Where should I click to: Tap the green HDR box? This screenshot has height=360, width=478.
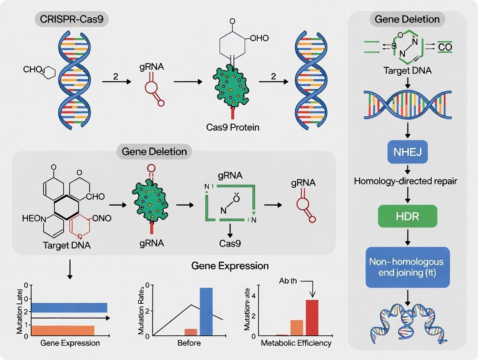tap(407, 216)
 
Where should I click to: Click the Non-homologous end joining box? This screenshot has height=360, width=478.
tap(407, 267)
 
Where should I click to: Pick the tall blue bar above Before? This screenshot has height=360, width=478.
tap(206, 311)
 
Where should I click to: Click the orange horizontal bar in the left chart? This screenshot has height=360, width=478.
tap(63, 331)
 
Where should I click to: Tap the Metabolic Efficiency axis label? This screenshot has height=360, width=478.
tap(296, 343)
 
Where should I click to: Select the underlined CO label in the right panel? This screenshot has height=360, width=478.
tap(444, 47)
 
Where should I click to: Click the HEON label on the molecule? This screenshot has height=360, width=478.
tap(34, 219)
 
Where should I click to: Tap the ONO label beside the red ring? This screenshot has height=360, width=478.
tap(100, 219)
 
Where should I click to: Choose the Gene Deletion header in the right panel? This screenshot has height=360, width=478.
tap(407, 19)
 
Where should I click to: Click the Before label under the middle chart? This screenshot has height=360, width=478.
tap(189, 343)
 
